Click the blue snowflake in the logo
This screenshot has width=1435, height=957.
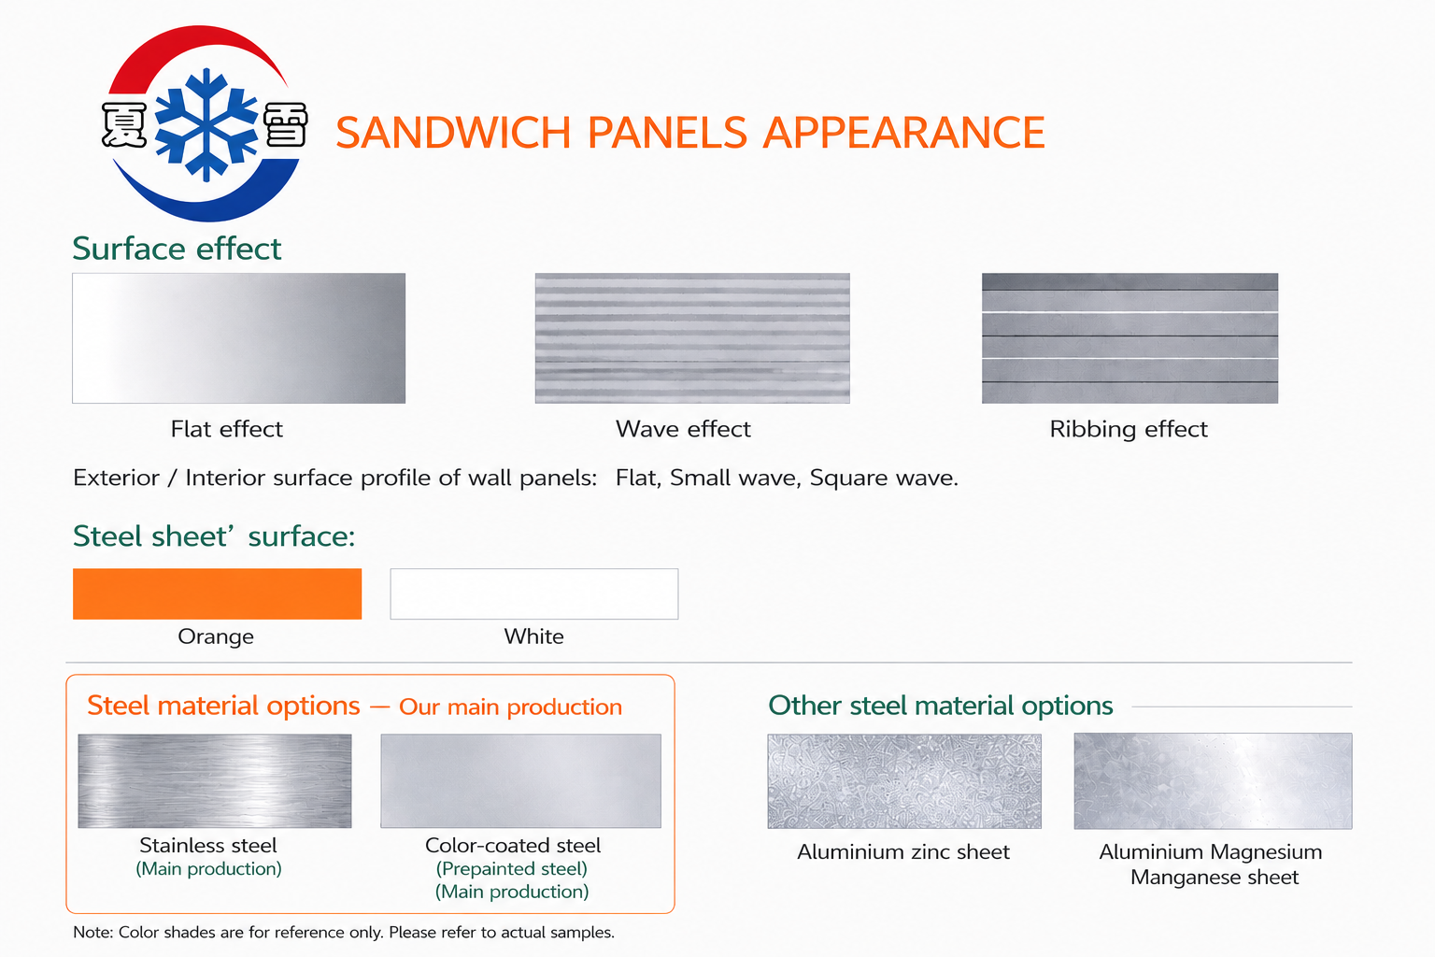[206, 124]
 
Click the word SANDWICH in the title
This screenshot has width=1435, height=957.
[453, 133]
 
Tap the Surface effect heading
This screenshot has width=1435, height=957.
[177, 249]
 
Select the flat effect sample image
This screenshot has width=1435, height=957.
[239, 338]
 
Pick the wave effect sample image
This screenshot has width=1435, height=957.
[692, 338]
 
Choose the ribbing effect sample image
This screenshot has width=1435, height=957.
[1130, 338]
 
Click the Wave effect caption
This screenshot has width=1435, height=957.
[683, 429]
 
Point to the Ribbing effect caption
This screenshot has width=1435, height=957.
[1129, 430]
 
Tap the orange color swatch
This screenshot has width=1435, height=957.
[217, 593]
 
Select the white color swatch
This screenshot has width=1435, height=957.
[534, 593]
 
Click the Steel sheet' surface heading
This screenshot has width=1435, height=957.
[214, 536]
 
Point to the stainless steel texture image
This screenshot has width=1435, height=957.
[215, 780]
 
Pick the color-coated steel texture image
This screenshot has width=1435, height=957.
[520, 780]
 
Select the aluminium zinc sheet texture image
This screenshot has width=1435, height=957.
[904, 781]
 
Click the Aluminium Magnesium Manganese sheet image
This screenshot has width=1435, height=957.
[1214, 781]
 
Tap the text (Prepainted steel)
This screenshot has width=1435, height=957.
[512, 869]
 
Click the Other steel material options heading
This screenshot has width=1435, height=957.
[941, 706]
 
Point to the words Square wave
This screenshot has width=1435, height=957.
[884, 478]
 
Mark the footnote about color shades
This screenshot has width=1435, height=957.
[344, 933]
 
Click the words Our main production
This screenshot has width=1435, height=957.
[511, 707]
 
